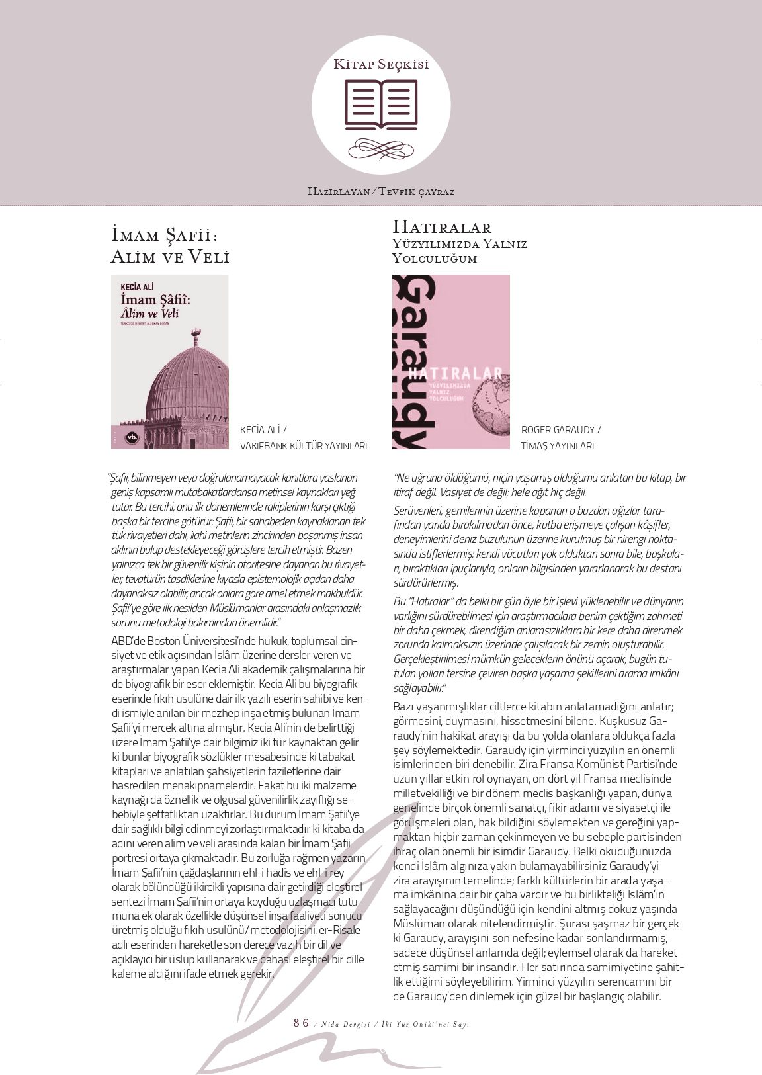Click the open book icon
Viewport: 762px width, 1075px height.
(x=381, y=104)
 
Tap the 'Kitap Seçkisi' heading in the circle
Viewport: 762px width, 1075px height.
(x=381, y=64)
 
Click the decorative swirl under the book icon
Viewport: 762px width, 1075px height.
(x=381, y=148)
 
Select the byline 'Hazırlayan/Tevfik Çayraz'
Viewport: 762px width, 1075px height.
(x=381, y=192)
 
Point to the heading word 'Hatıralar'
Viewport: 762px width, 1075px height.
(x=442, y=228)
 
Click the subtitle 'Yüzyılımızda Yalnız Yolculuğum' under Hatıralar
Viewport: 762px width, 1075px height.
(x=459, y=251)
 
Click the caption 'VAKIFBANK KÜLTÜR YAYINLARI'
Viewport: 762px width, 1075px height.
(x=303, y=446)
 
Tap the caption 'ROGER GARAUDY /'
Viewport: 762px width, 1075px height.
(x=561, y=430)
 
